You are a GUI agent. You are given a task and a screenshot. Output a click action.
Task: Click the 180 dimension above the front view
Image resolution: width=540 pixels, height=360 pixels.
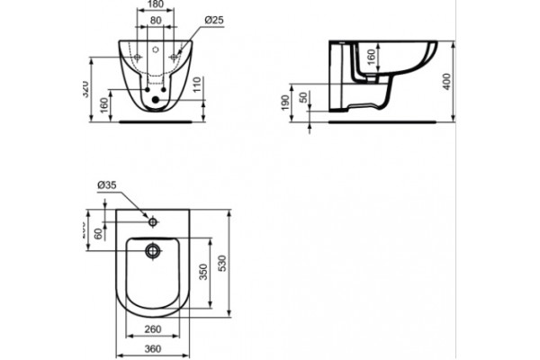click(x=155, y=5)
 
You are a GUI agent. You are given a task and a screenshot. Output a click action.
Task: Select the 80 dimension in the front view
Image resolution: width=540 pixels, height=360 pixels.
click(x=155, y=20)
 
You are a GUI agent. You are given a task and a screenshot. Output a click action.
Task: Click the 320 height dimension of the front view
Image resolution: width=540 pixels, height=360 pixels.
click(x=79, y=87)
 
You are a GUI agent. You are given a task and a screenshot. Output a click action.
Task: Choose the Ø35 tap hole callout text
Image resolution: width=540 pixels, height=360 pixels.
click(x=106, y=187)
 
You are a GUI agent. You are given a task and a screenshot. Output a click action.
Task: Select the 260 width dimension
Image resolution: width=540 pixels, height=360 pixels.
click(x=155, y=328)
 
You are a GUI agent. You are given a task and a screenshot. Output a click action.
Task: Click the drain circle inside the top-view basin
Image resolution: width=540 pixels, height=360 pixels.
click(x=154, y=251)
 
